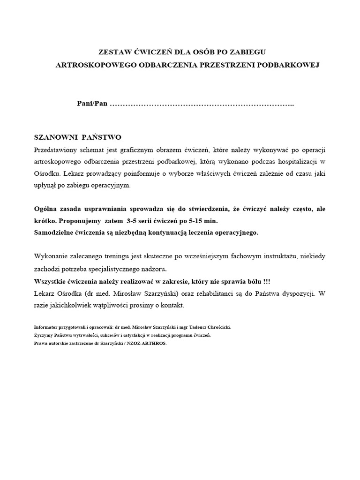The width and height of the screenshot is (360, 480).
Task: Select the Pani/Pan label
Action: click(x=92, y=104)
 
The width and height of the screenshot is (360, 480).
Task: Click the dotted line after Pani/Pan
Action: click(x=202, y=105)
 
